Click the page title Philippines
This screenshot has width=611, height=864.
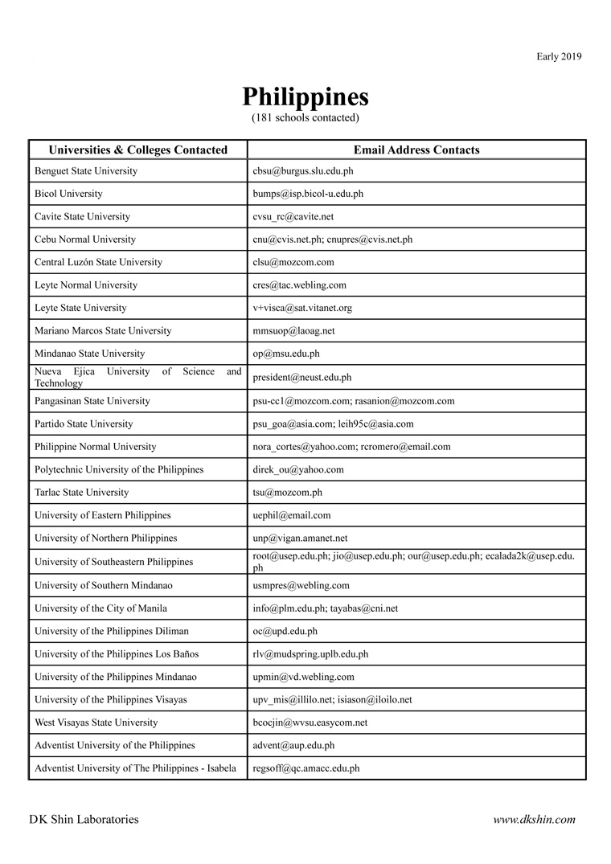[305, 97]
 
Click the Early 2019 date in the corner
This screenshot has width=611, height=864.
[559, 56]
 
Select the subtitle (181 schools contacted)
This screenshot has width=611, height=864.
[305, 118]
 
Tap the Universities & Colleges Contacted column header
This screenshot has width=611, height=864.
[138, 149]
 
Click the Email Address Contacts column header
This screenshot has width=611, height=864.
[416, 149]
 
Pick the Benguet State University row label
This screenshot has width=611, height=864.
[86, 171]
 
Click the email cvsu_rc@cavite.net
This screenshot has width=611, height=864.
[293, 217]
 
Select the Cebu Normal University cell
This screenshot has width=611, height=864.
[85, 240]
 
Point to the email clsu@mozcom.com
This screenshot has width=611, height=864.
[293, 262]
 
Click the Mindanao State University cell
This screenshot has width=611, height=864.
[90, 354]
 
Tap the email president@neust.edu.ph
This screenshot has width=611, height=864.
[302, 377]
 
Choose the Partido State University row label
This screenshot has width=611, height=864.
[84, 424]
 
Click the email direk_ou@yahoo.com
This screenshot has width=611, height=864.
[298, 469]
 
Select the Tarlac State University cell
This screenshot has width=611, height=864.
[81, 492]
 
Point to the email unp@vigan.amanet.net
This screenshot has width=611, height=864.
[300, 538]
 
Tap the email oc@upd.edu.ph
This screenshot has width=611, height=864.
[285, 631]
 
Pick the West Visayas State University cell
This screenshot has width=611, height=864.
[96, 723]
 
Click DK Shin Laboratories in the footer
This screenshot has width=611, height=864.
[84, 820]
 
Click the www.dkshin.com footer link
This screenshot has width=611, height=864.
[534, 820]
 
